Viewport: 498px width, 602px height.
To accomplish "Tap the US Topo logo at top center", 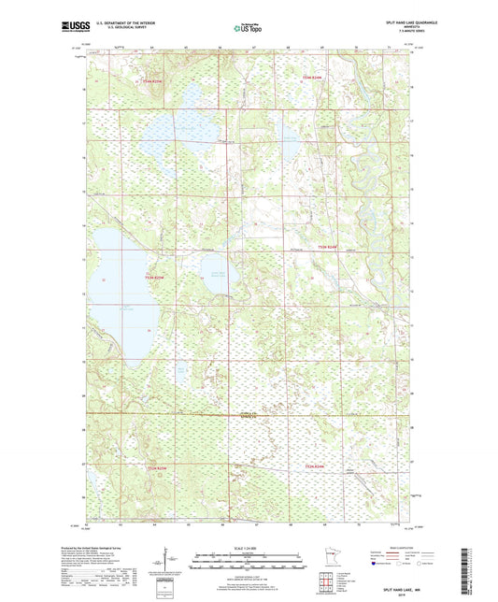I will coord(248,29).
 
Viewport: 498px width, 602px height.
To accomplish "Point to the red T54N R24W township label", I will coord(310,77).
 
